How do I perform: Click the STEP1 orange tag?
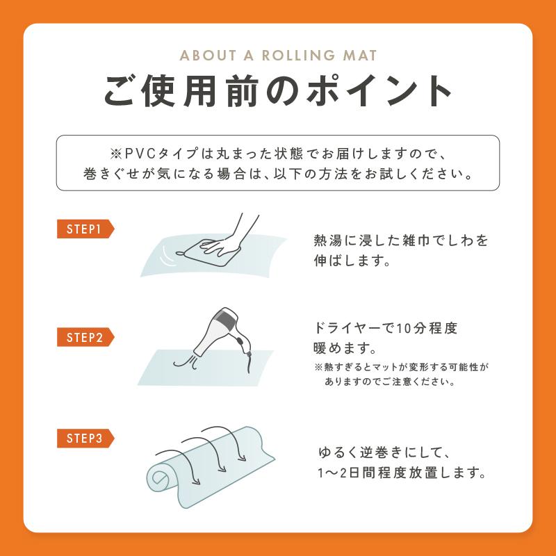click(85, 229)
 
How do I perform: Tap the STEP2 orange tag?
click(85, 337)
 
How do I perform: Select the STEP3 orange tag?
click(85, 439)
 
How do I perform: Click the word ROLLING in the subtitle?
click(299, 56)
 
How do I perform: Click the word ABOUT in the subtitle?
click(208, 56)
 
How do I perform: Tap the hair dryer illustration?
click(223, 332)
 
